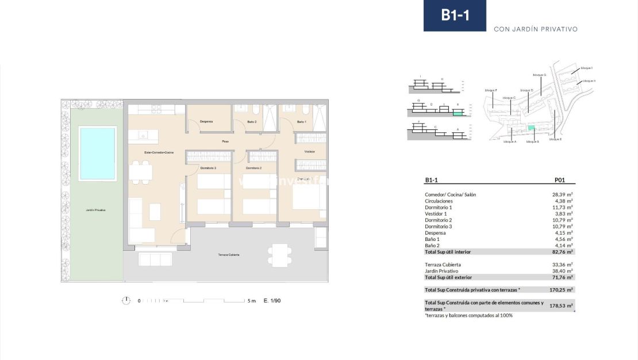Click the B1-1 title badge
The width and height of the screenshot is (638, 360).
(x=455, y=16)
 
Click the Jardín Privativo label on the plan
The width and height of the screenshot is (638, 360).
(x=92, y=210)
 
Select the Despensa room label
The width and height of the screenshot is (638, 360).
(x=206, y=122)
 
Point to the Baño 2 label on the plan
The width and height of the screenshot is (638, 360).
(x=252, y=122)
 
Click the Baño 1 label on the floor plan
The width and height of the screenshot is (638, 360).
(x=302, y=122)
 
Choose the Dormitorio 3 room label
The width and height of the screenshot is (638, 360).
(x=208, y=168)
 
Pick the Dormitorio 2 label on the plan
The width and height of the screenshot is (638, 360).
(x=253, y=168)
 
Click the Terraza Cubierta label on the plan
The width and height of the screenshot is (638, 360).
(x=229, y=255)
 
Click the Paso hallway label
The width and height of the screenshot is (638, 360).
(x=226, y=141)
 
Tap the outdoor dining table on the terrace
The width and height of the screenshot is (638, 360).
(x=280, y=255)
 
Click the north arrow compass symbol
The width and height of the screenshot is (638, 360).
(x=126, y=300)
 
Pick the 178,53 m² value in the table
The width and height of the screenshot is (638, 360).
(x=562, y=306)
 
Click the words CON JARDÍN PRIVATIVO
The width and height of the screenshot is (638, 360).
(x=535, y=29)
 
